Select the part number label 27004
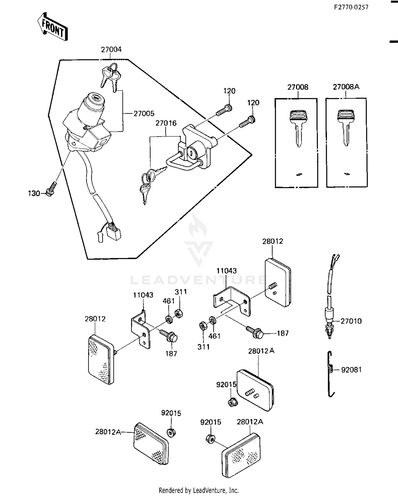[111, 50]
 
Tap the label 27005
[144, 114]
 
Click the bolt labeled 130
[51, 189]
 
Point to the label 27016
[166, 123]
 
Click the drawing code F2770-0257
[351, 7]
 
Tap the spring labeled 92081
[330, 373]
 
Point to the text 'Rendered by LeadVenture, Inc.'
[199, 490]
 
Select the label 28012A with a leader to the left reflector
[108, 432]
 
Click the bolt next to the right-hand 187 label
[255, 332]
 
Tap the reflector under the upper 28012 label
[278, 283]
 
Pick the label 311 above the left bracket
[181, 292]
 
